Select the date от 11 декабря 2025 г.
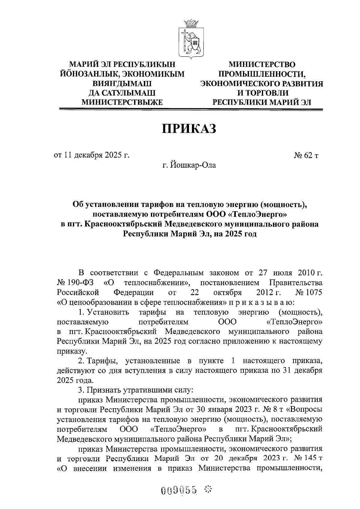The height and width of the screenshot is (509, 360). click(91, 155)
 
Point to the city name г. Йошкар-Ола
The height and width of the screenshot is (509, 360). click(189, 165)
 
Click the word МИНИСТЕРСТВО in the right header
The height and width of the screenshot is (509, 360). click(262, 64)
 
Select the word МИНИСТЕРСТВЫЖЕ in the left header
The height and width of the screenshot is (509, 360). click(122, 102)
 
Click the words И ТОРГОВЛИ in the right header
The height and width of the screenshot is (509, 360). click(262, 93)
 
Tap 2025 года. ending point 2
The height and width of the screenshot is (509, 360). click(75, 380)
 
